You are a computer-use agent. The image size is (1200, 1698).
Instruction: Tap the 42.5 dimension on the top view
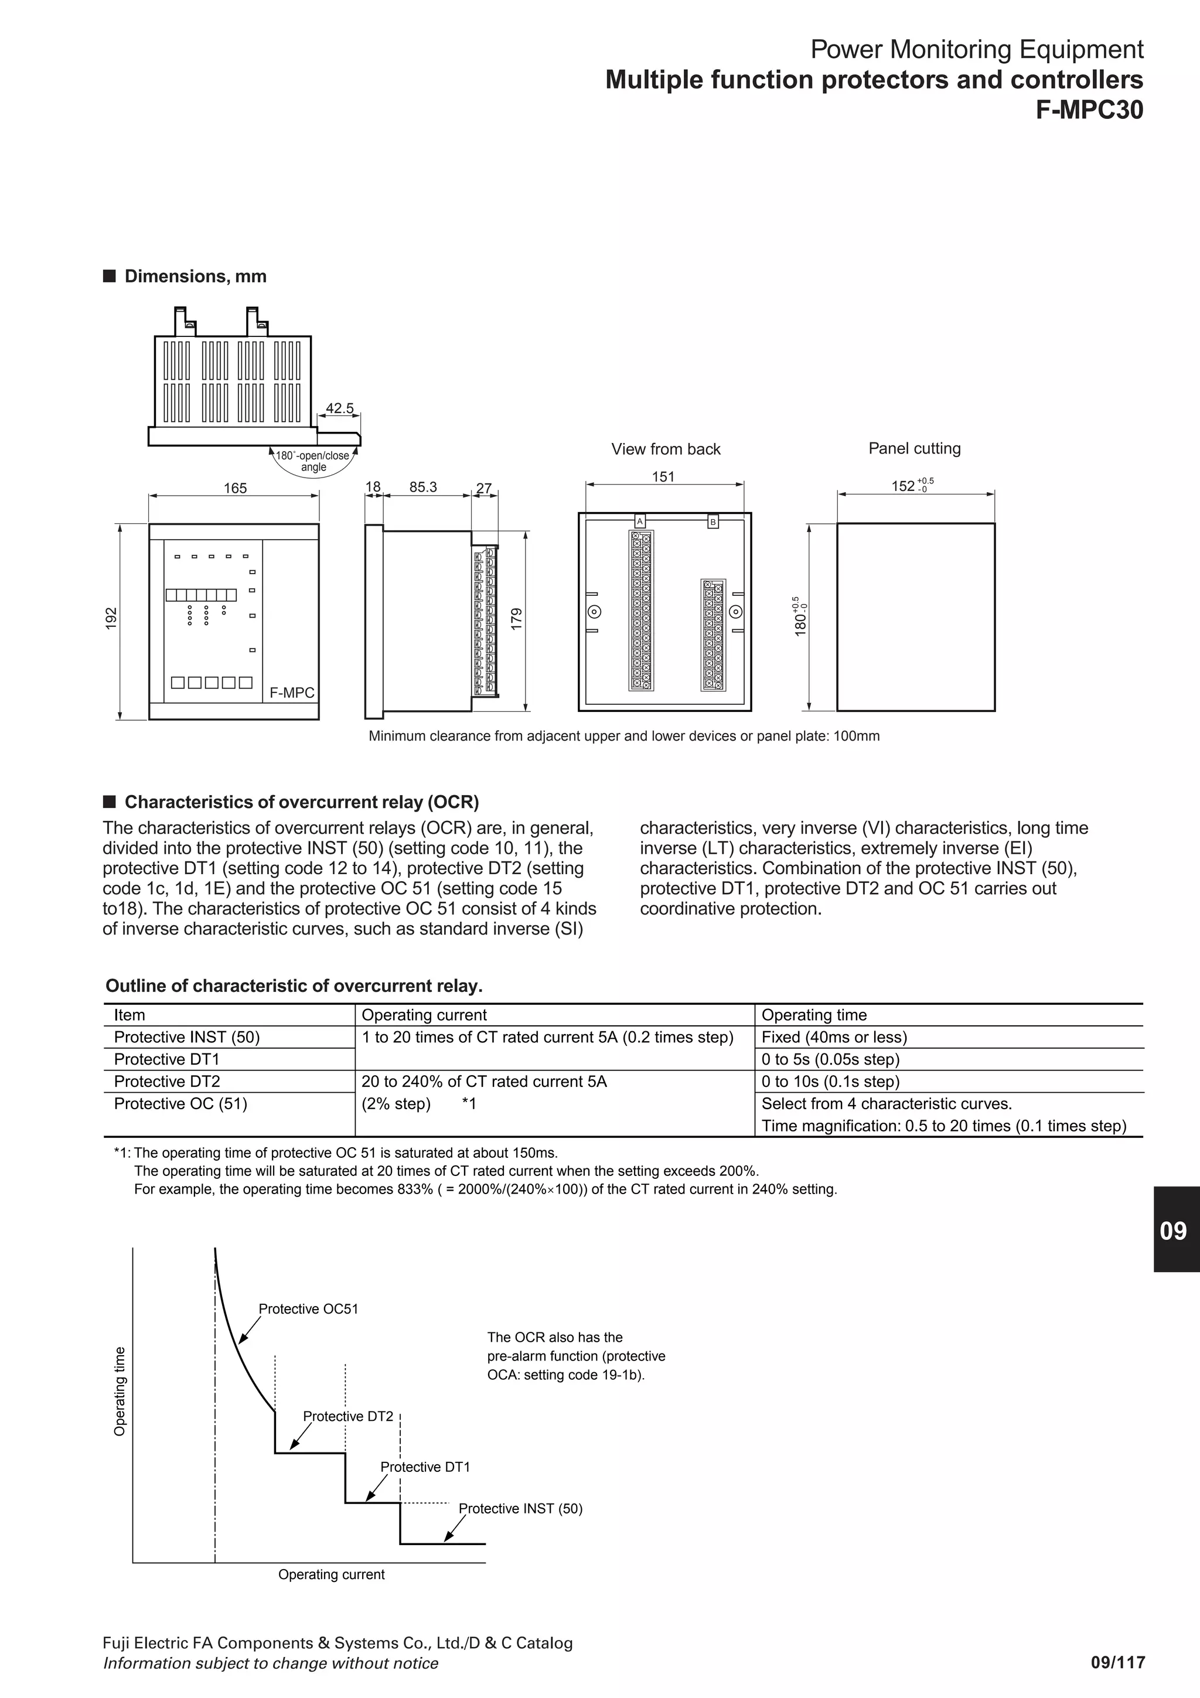(x=340, y=408)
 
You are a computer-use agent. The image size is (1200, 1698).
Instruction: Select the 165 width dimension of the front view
(x=235, y=488)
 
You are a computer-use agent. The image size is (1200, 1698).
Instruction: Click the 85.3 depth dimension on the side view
(x=423, y=487)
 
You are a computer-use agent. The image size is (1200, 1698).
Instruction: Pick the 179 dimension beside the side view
(x=517, y=618)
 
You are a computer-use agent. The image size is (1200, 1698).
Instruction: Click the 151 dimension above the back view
(x=663, y=477)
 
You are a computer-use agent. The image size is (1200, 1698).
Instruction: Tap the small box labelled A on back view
(x=639, y=521)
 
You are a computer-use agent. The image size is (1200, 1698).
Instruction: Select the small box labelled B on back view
(x=712, y=521)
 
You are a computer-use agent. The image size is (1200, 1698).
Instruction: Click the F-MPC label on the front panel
(x=291, y=693)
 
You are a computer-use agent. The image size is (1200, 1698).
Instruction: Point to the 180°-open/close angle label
(x=313, y=461)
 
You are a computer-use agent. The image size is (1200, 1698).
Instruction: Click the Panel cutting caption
(x=914, y=448)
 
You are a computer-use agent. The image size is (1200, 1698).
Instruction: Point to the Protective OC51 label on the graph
(x=308, y=1309)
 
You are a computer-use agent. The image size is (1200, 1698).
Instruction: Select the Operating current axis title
(x=331, y=1595)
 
